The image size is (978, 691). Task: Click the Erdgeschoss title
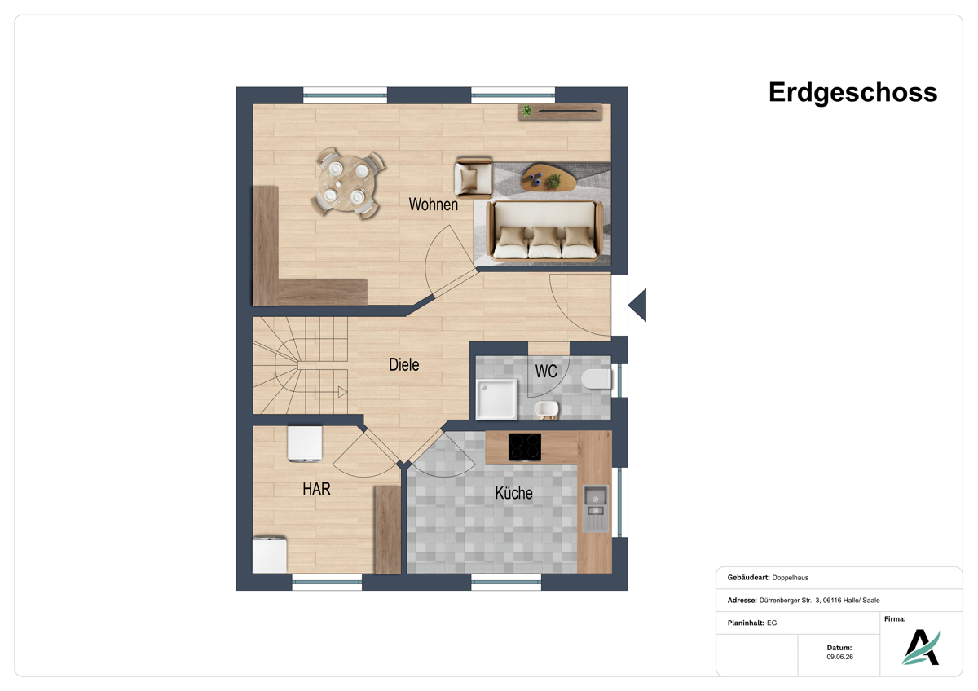click(852, 93)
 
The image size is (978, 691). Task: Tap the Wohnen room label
click(433, 205)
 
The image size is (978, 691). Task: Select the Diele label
click(404, 365)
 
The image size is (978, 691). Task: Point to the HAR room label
click(316, 489)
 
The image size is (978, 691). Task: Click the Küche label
click(513, 493)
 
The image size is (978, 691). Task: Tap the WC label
click(546, 372)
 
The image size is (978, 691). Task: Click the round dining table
click(347, 183)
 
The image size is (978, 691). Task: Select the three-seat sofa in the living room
click(544, 230)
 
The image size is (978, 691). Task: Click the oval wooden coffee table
click(548, 177)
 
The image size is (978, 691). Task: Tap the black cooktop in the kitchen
click(524, 447)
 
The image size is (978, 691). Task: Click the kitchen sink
click(596, 508)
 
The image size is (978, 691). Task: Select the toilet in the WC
click(597, 379)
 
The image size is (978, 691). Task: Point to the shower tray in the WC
click(496, 399)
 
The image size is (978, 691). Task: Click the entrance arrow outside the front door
click(637, 305)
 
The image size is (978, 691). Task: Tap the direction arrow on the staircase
click(342, 392)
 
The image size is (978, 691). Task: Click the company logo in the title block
click(921, 647)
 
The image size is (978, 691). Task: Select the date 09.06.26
click(839, 657)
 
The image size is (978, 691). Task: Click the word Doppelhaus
click(791, 578)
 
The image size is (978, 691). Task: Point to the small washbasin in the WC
click(547, 410)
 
